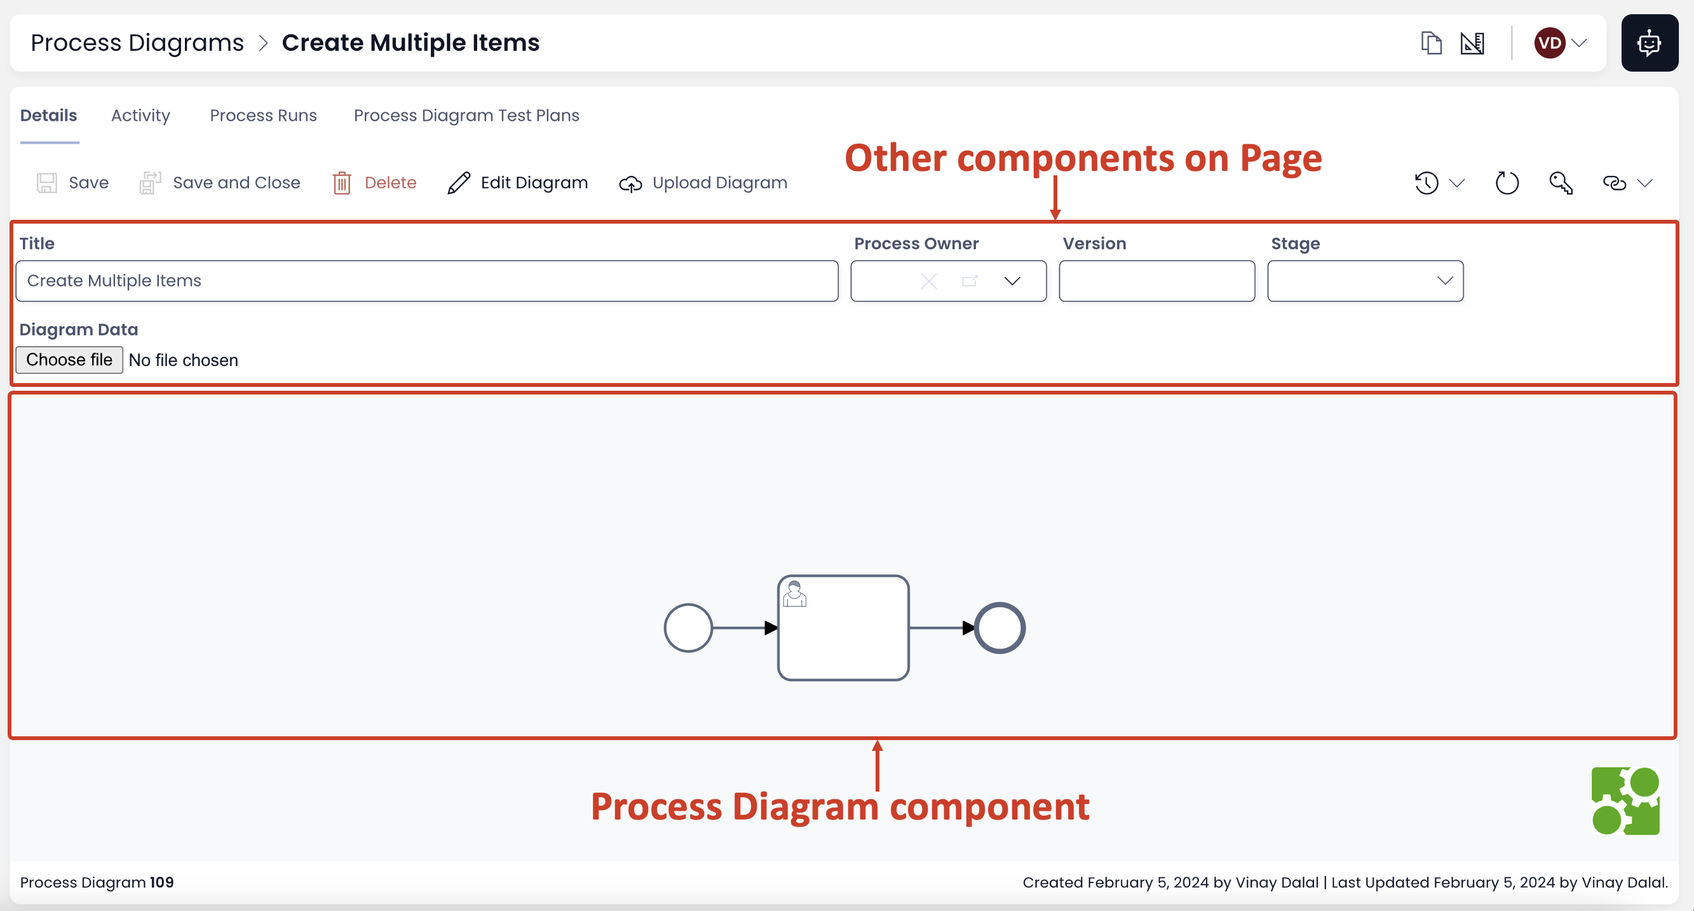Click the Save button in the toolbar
coord(72,183)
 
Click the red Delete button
coord(375,183)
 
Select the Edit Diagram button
coord(518,183)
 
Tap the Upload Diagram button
coord(703,183)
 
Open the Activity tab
coord(140,116)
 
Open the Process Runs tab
coord(263,116)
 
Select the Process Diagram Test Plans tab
coord(466,116)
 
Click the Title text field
coord(426,281)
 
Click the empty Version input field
coord(1156,281)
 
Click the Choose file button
coord(69,360)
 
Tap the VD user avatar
coord(1549,43)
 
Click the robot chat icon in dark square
coord(1650,43)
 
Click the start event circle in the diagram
coord(688,628)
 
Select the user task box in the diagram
coord(844,628)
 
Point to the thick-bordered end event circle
coord(999,628)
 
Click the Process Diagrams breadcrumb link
coord(137,43)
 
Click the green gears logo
coord(1625,800)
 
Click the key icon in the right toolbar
coord(1561,183)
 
